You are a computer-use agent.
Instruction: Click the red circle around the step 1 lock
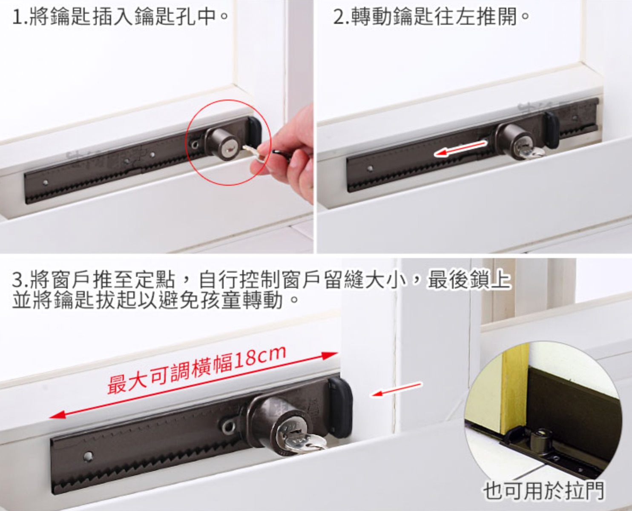click(x=186, y=142)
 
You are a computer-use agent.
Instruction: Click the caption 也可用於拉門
click(x=543, y=490)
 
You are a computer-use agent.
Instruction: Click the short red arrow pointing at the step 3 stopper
click(x=396, y=389)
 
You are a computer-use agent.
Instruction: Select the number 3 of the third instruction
click(x=17, y=280)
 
